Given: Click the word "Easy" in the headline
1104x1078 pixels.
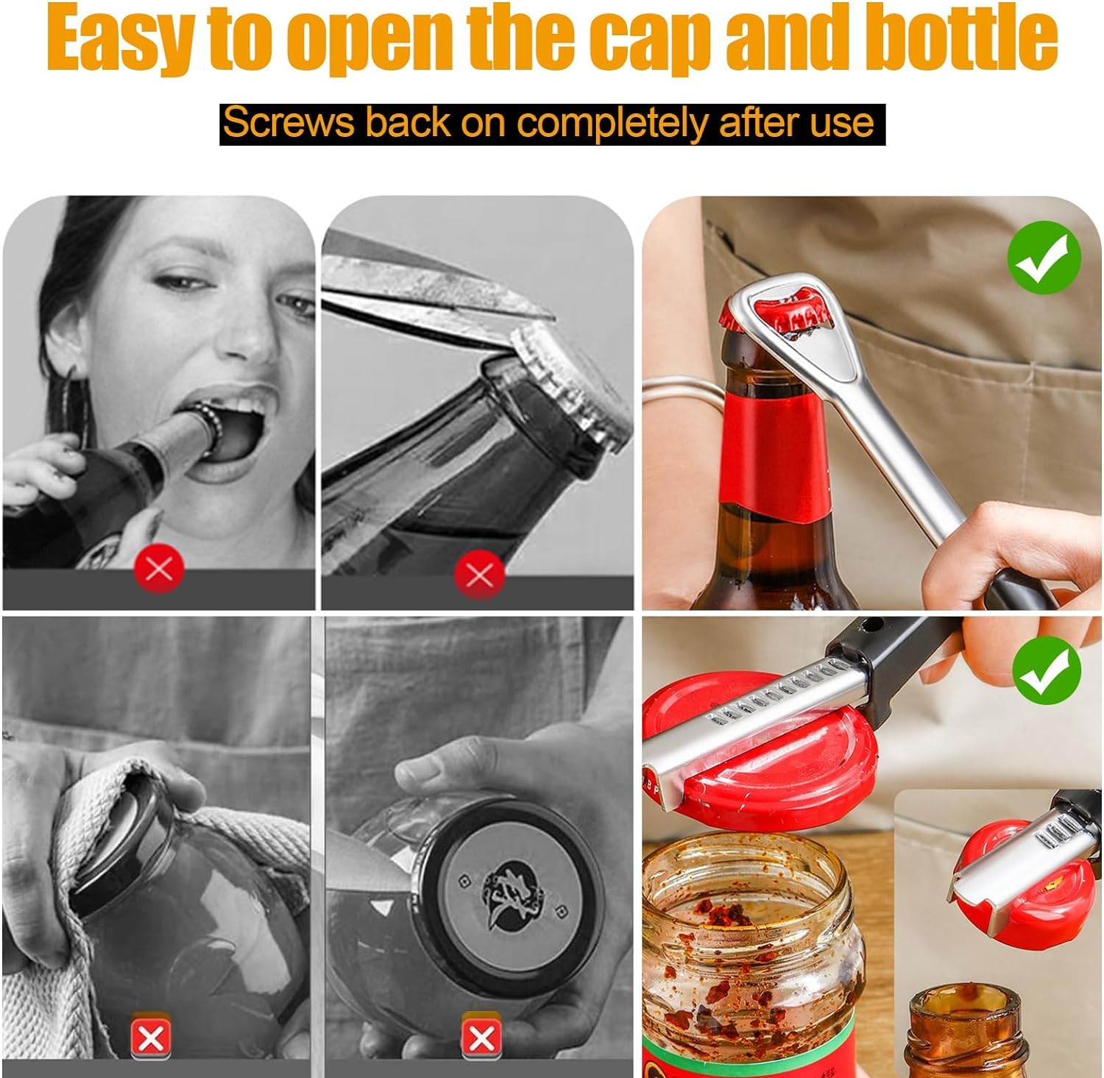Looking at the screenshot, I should click(121, 37).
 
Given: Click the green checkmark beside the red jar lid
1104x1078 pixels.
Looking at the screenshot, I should click(1046, 670).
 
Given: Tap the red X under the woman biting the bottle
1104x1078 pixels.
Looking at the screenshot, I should click(159, 569).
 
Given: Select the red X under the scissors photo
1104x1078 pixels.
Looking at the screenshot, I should click(479, 573).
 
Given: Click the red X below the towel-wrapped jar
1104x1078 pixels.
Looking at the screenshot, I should click(151, 1038).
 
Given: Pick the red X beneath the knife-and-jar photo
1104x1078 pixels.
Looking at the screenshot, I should click(481, 1038).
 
